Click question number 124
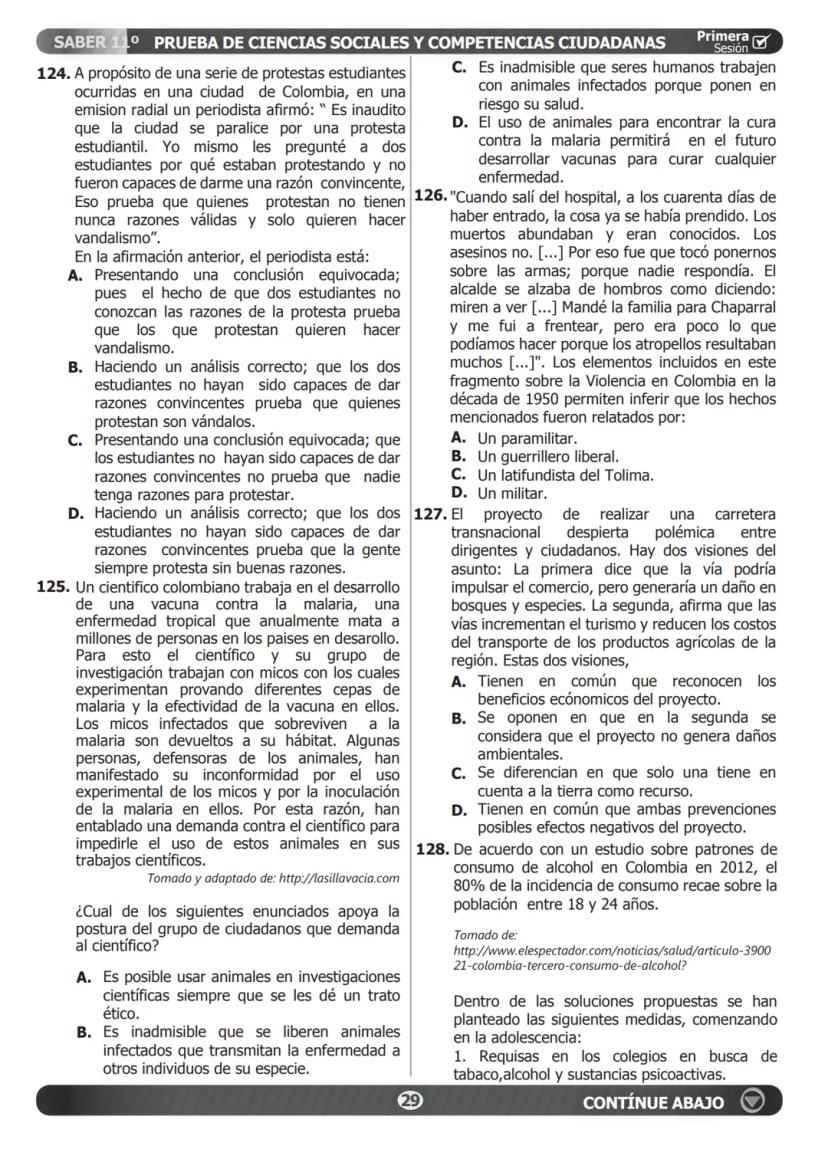coord(53,74)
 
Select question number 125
coord(53,587)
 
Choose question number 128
coord(432,849)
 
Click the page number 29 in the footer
coord(409,1101)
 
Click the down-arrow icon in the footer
coord(753,1101)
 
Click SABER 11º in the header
coord(96,42)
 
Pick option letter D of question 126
coord(459,493)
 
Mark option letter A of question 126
coord(459,438)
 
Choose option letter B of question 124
coord(75,367)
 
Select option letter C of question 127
coord(459,773)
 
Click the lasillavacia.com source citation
coord(273,879)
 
